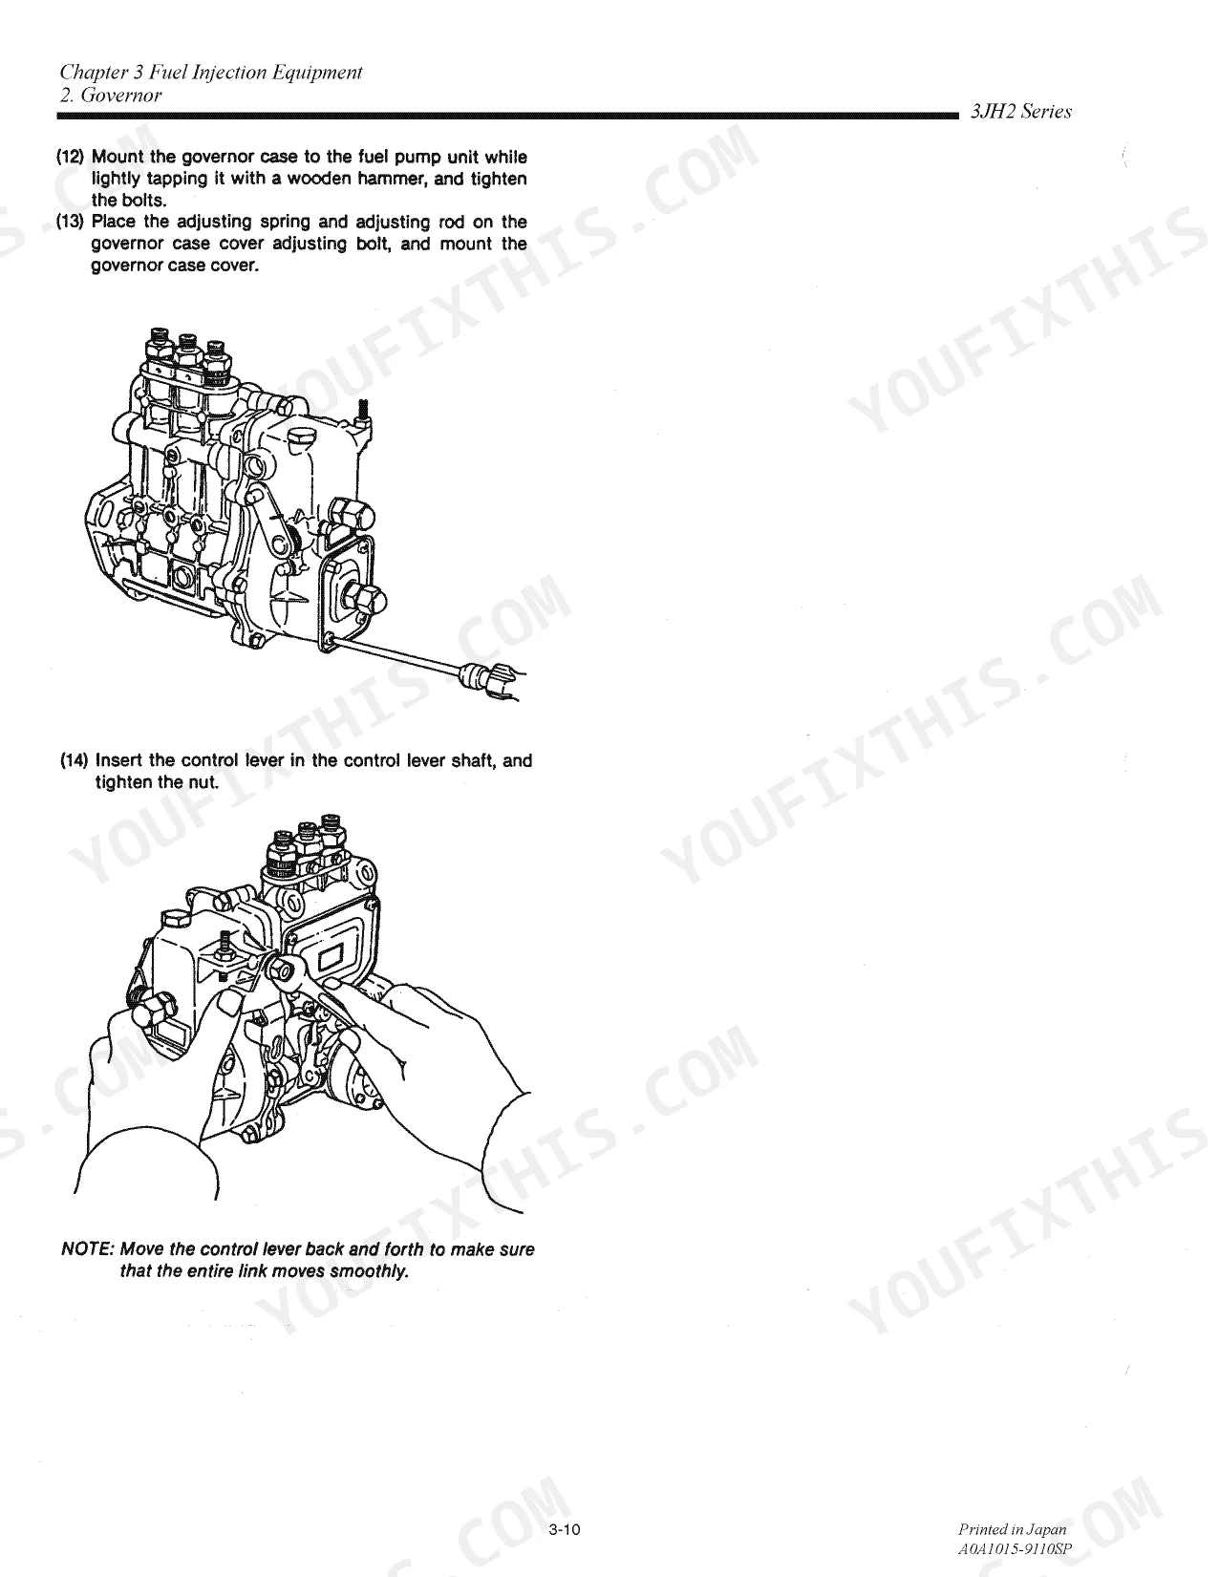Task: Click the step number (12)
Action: [x=71, y=157]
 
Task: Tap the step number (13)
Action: [x=71, y=222]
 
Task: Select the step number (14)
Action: [x=74, y=760]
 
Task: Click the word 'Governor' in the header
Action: [x=121, y=96]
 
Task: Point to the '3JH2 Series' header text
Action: [x=1021, y=111]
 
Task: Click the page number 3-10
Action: [x=565, y=1530]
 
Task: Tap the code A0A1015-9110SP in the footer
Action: [x=1015, y=1548]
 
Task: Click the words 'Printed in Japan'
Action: [x=1013, y=1529]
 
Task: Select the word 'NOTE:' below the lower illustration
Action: [x=87, y=1249]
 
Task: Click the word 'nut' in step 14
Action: [x=204, y=782]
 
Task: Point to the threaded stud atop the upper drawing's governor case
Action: [x=364, y=413]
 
